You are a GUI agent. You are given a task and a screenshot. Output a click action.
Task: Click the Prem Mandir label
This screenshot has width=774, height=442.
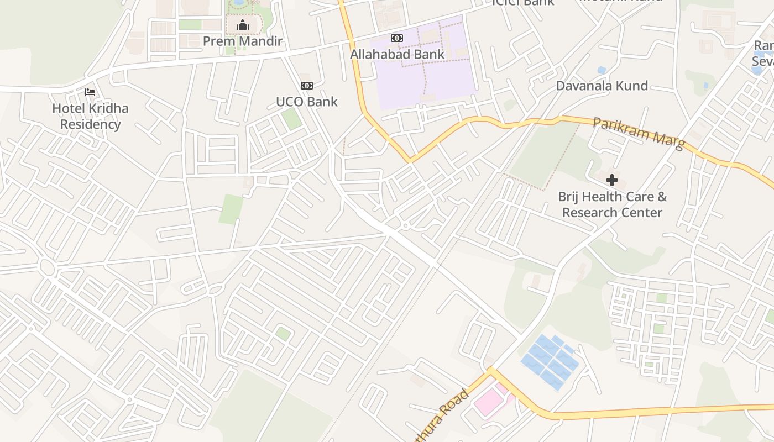242,41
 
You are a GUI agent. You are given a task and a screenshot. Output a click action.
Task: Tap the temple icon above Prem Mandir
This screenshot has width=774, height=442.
242,25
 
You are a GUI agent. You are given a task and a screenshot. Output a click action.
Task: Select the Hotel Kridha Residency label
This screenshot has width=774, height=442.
90,116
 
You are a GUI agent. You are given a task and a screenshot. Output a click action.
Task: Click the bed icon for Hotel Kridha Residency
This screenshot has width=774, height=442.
90,92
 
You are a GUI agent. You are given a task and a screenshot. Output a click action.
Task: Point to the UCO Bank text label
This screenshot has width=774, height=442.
306,102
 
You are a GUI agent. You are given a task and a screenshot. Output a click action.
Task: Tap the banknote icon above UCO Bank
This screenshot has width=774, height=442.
306,85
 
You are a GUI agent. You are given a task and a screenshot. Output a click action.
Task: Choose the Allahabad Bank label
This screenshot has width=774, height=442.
397,54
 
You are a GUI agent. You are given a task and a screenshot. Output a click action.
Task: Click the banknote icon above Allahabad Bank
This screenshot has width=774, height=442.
396,38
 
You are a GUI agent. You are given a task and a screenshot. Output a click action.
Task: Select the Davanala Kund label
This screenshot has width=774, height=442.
602,86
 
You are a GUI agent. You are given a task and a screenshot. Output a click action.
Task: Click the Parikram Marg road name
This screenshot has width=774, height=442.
638,133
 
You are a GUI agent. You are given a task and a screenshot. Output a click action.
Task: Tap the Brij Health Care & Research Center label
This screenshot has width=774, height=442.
612,204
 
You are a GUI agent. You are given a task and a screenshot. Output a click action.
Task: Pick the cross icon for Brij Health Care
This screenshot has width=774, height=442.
612,180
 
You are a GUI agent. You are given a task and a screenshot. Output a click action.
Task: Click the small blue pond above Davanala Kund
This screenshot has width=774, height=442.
602,70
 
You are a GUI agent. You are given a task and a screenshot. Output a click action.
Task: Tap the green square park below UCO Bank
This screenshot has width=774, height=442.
291,119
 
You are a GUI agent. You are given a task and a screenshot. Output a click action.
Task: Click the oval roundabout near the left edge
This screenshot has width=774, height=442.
47,269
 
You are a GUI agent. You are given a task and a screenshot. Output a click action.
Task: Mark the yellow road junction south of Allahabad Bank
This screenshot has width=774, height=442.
410,161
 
